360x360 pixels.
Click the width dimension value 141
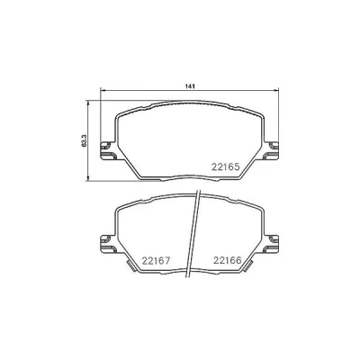pos(190,86)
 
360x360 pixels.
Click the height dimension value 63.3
pos(85,140)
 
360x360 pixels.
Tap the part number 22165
pos(226,166)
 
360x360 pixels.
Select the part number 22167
pos(156,261)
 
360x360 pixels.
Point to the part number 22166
pos(228,260)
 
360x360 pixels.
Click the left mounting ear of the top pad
pos(107,151)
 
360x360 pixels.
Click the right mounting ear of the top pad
pos(271,151)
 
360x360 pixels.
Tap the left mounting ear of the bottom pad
pos(107,244)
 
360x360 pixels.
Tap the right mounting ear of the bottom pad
pos(271,244)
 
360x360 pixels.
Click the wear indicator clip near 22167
pos(130,266)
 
